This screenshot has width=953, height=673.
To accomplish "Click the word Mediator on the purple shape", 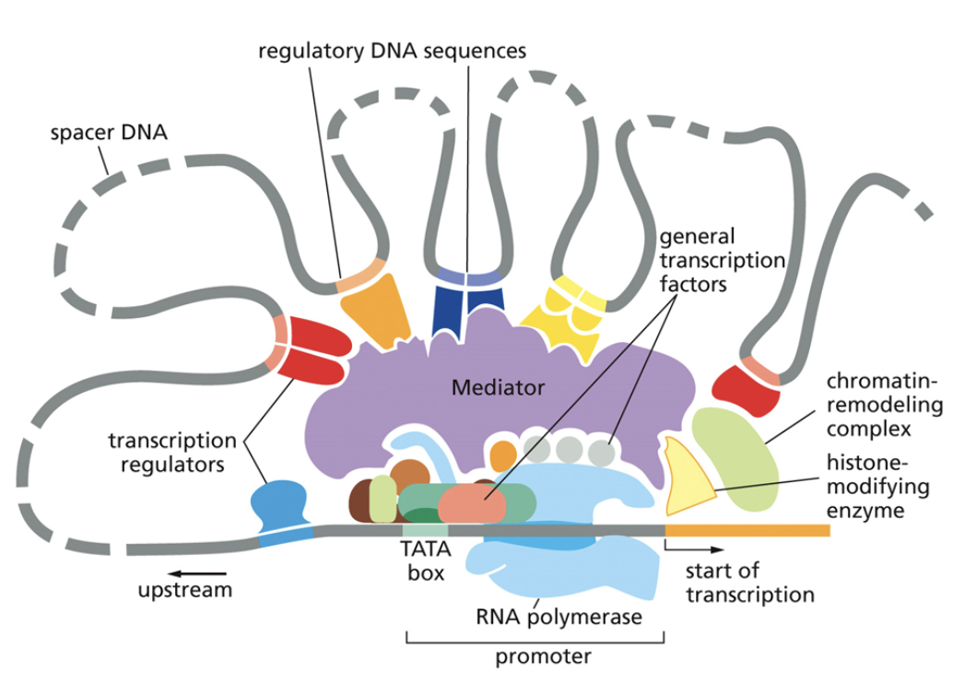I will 498,387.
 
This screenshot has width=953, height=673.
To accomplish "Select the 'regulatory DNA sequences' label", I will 392,51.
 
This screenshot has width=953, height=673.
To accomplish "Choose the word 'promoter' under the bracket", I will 535,656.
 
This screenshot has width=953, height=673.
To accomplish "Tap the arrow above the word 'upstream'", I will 174,561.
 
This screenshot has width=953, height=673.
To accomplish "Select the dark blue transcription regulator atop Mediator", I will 469,308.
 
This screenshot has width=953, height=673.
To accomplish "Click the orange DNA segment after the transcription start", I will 747,530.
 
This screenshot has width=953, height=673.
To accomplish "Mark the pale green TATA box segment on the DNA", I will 424,530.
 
